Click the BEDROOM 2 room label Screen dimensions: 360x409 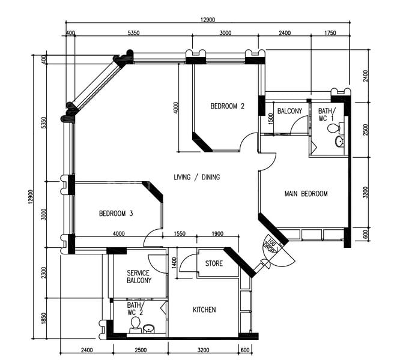pos(228,107)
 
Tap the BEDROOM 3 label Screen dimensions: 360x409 pos(116,214)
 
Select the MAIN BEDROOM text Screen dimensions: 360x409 pos(306,194)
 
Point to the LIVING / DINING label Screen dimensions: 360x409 pos(196,177)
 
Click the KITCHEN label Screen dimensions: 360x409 pos(204,310)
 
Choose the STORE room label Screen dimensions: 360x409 pos(214,264)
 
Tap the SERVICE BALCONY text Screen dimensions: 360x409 pos(139,277)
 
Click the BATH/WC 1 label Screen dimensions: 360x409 pos(325,115)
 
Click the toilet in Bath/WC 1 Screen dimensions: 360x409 pos(341,127)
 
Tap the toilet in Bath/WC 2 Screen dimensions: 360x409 pos(136,326)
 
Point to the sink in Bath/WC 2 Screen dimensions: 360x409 pos(149,328)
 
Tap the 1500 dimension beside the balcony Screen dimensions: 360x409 pos(270,118)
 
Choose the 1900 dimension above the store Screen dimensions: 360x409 pos(217,234)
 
